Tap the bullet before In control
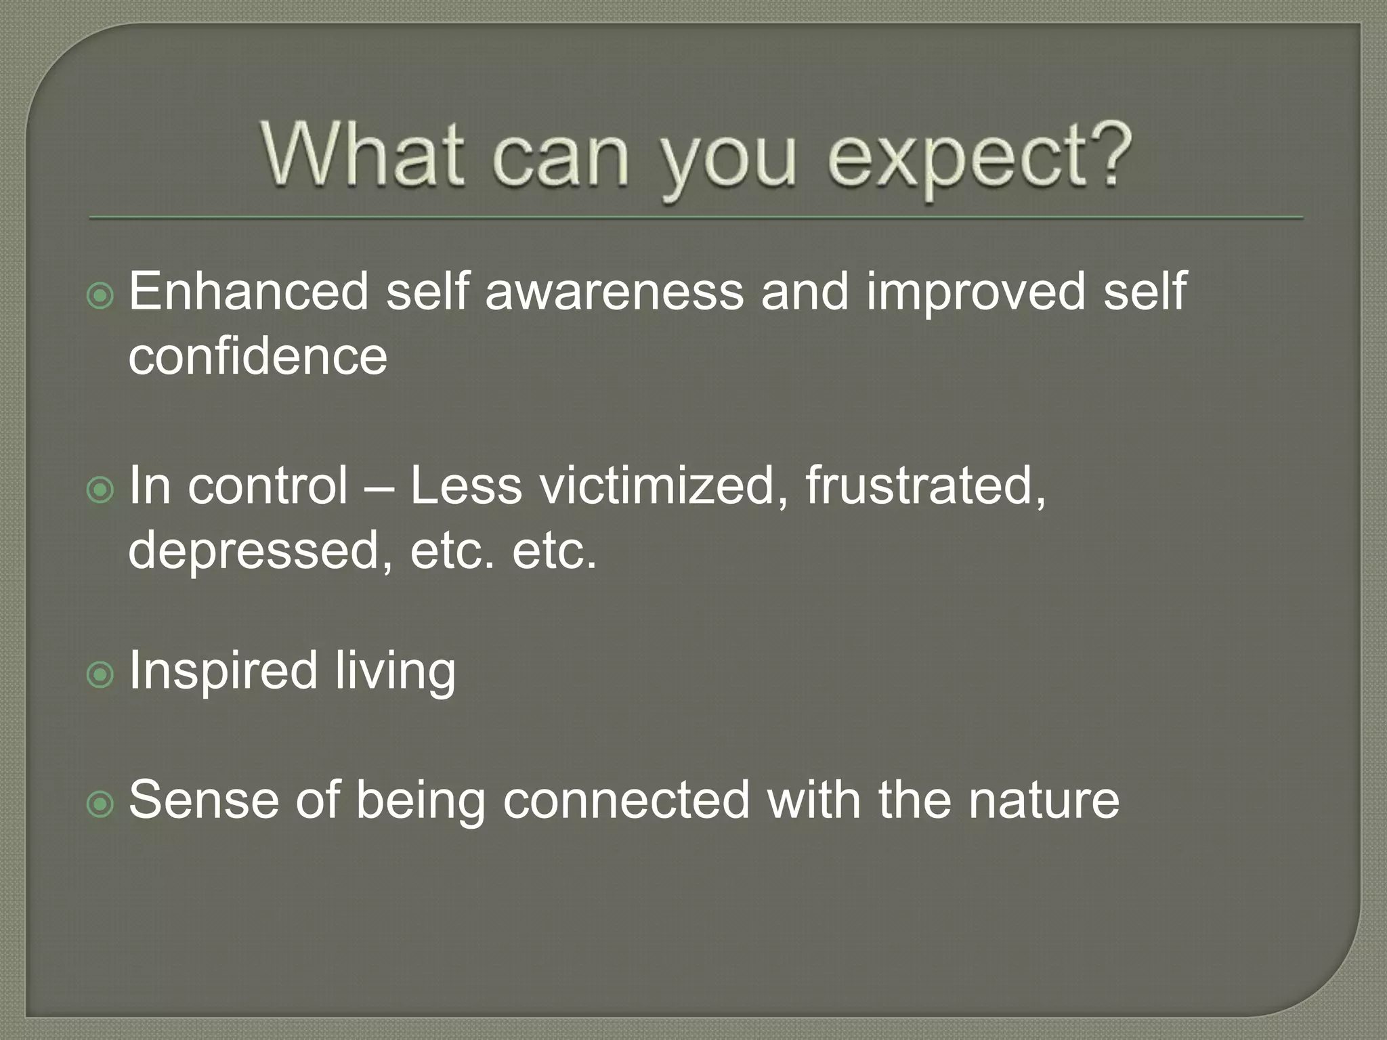101,490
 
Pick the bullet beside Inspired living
101,674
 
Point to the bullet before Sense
101,804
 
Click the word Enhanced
249,291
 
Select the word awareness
614,291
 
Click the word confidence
257,356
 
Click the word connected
626,800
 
